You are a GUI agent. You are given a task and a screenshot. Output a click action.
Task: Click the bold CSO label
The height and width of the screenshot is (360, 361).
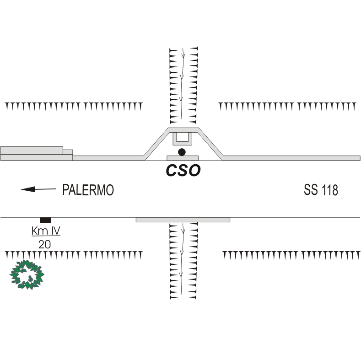[x=183, y=171]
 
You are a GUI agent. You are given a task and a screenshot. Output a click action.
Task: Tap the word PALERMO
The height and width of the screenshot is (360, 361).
[x=88, y=190]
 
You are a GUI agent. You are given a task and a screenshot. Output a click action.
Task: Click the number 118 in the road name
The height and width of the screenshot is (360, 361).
[x=329, y=190]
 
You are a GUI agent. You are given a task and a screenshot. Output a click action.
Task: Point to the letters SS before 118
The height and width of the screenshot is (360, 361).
[x=311, y=190]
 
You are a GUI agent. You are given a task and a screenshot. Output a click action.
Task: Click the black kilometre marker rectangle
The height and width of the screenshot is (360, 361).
[x=45, y=220]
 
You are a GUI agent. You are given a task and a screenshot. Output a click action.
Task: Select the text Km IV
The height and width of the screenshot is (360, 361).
[x=46, y=231]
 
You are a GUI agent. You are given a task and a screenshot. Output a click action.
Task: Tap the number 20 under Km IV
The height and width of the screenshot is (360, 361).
[x=44, y=244]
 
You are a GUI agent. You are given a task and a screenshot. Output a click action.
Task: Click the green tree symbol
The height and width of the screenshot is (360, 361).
[x=27, y=274]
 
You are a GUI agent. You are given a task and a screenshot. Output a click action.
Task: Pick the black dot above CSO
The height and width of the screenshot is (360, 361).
[x=182, y=152]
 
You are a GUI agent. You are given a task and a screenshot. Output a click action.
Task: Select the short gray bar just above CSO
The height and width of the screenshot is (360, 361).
[x=182, y=158]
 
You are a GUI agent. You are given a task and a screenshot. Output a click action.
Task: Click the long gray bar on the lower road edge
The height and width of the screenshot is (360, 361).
[x=183, y=220]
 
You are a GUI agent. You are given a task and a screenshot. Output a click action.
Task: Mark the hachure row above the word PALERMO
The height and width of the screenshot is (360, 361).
[x=73, y=107]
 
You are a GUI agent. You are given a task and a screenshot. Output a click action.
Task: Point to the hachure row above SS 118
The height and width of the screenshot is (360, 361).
[x=287, y=107]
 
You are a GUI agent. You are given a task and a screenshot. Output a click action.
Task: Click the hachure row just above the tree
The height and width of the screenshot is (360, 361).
[x=73, y=254]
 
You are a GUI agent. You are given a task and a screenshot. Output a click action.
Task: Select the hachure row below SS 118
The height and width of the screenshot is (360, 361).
[x=291, y=254]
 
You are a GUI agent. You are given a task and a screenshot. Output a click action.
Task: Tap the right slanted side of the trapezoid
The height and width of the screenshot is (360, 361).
[x=210, y=144]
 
